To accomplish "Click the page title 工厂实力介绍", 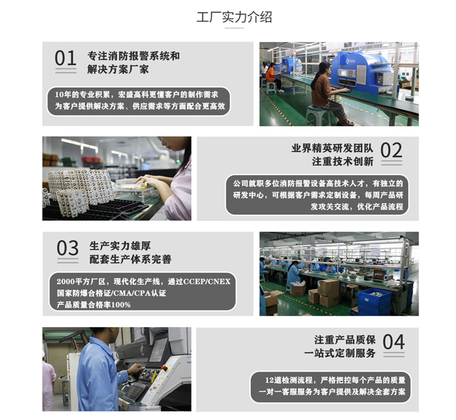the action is pyautogui.click(x=234, y=17).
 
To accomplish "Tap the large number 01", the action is pyautogui.click(x=65, y=58).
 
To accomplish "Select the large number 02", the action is pyautogui.click(x=391, y=150).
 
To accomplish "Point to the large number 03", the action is pyautogui.click(x=68, y=248).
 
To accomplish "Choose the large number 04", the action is pyautogui.click(x=394, y=342).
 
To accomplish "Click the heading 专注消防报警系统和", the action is pyautogui.click(x=133, y=56).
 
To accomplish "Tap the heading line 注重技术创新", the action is pyautogui.click(x=343, y=161).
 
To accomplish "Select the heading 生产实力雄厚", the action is pyautogui.click(x=120, y=246).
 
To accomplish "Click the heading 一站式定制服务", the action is pyautogui.click(x=339, y=353).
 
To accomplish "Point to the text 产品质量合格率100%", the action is pyautogui.click(x=94, y=305).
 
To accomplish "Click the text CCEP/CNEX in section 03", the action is pyautogui.click(x=207, y=282).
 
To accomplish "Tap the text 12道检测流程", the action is pyautogui.click(x=289, y=380).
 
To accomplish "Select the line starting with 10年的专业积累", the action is pyautogui.click(x=136, y=94).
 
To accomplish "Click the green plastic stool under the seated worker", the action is pyautogui.click(x=319, y=115).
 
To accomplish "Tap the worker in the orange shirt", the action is pyautogui.click(x=272, y=77).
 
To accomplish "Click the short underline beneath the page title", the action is pyautogui.click(x=234, y=28).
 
